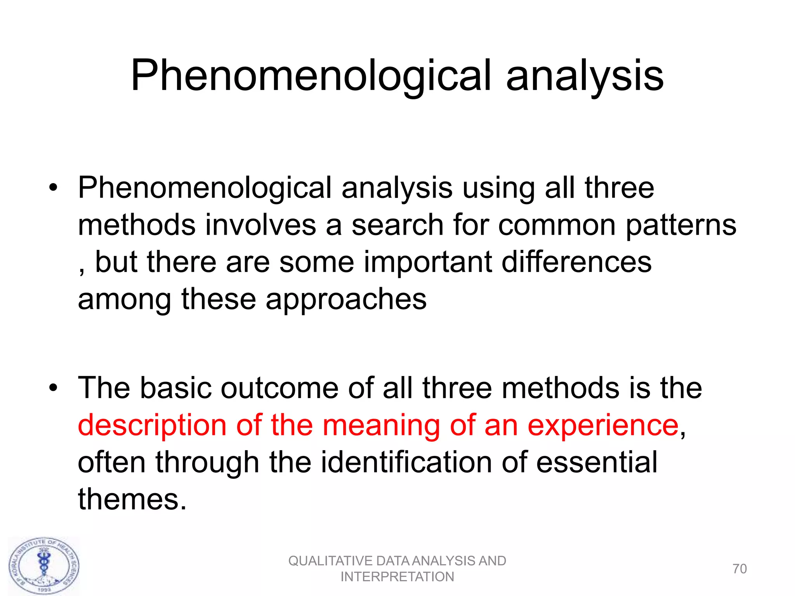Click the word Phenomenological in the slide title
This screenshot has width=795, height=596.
click(311, 76)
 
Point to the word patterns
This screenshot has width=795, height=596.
click(681, 226)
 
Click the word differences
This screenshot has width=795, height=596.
click(576, 262)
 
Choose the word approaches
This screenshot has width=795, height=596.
click(346, 300)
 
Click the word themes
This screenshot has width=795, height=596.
click(128, 499)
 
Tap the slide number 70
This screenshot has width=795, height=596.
click(739, 569)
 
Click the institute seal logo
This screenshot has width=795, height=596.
click(44, 566)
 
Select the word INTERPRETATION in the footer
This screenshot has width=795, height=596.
click(397, 577)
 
